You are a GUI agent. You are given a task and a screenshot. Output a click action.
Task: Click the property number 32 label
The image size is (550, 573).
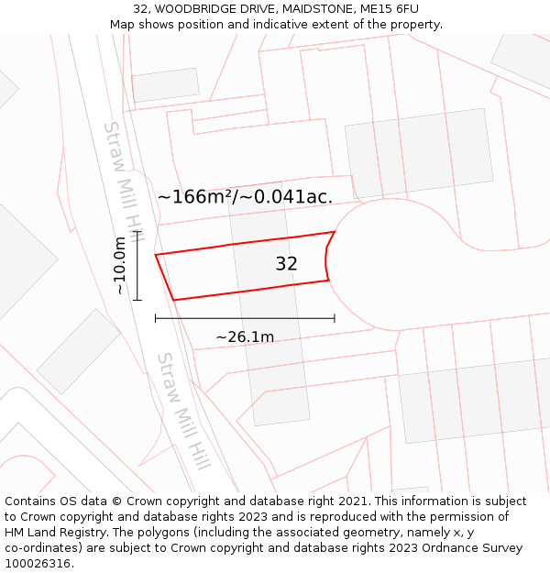pyautogui.click(x=286, y=264)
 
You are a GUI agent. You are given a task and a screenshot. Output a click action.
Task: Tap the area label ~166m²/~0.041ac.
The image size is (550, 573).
pyautogui.click(x=245, y=196)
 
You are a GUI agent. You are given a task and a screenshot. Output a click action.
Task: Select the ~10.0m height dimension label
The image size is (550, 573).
pyautogui.click(x=119, y=266)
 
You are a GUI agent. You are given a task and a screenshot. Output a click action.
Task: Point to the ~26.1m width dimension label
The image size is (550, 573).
pyautogui.click(x=245, y=337)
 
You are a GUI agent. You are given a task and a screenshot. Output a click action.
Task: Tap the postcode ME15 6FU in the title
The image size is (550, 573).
pyautogui.click(x=390, y=9)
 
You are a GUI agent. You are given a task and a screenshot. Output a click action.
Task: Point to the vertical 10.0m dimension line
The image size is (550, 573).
pyautogui.click(x=137, y=266)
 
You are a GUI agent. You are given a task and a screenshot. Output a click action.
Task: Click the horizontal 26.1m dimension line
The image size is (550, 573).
pyautogui.click(x=245, y=318)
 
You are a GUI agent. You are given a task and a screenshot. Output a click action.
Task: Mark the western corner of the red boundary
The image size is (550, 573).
pyautogui.click(x=156, y=255)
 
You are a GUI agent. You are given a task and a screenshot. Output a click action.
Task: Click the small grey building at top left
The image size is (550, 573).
pyautogui.click(x=165, y=85)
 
